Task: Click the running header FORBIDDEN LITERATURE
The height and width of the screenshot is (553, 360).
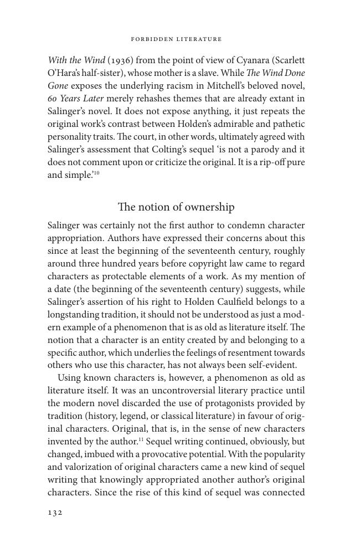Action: point(176,39)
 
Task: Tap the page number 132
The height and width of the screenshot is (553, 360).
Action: point(55,513)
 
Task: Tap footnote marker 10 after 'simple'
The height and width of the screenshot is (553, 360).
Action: point(96,173)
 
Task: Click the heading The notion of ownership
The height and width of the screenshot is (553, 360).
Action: point(176,207)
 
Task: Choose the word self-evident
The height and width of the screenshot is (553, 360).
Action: point(272,366)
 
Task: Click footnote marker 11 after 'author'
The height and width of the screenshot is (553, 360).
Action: point(141,441)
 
